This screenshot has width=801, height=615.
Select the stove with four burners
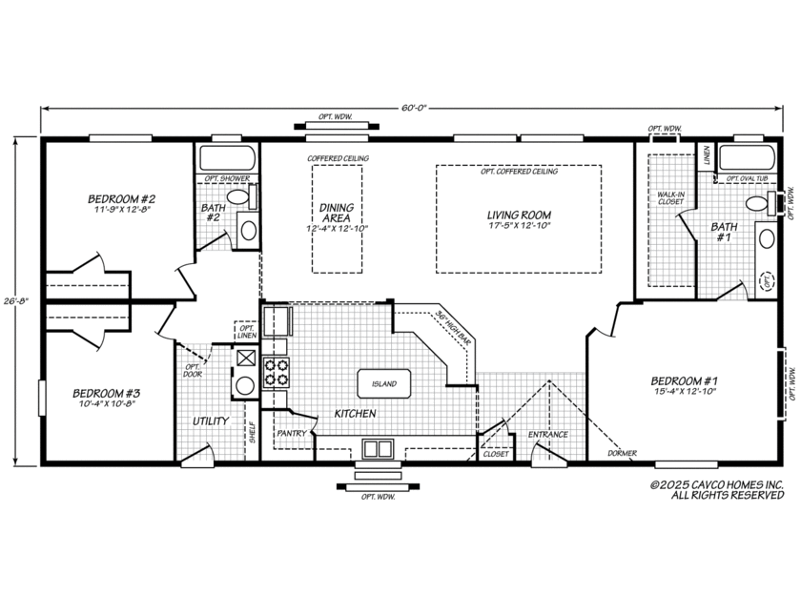point(277,371)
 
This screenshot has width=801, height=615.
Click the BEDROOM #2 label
point(121,199)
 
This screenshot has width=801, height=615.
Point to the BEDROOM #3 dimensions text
point(107,403)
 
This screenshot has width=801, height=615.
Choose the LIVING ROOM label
point(519,215)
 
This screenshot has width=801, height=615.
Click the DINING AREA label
point(337,213)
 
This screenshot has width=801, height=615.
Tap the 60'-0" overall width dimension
point(413,109)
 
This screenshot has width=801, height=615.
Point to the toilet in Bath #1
point(760,201)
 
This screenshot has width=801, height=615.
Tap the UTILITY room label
point(209,420)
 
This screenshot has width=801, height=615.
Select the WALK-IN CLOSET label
point(671,198)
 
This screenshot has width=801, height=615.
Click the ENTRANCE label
point(548,434)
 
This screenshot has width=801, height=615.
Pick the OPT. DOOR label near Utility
point(193,370)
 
